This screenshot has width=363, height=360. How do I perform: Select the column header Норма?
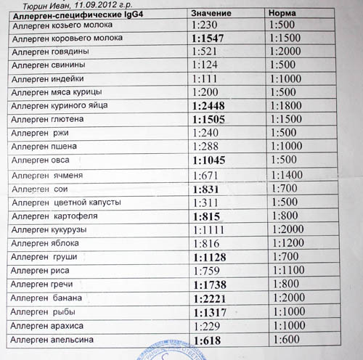[x=282, y=15]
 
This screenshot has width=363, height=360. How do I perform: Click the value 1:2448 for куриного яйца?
[x=211, y=105]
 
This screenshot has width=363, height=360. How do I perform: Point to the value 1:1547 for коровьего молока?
[x=211, y=38]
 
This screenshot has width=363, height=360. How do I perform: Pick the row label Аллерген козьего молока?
[x=58, y=25]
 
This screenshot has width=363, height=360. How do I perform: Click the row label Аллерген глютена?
[x=49, y=119]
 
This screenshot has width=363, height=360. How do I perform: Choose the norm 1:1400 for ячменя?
[x=285, y=175]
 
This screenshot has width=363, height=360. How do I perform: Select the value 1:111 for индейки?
[x=206, y=78]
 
